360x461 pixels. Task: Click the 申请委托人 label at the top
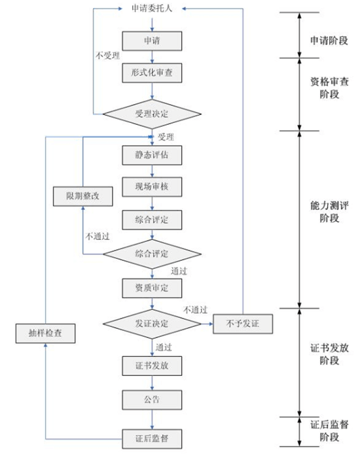pyautogui.click(x=152, y=9)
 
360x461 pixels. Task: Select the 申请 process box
pyautogui.click(x=152, y=41)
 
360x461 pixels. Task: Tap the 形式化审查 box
pyautogui.click(x=152, y=73)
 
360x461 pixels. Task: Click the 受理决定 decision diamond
pyautogui.click(x=152, y=114)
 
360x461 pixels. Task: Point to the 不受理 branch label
pyautogui.click(x=107, y=56)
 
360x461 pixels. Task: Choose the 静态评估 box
pyautogui.click(x=152, y=155)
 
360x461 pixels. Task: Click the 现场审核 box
pyautogui.click(x=152, y=187)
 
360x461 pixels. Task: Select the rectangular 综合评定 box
pyautogui.click(x=152, y=220)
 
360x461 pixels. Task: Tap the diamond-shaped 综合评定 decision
pyautogui.click(x=152, y=254)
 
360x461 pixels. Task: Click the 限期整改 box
pyautogui.click(x=82, y=196)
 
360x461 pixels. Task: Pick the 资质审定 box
pyautogui.click(x=152, y=288)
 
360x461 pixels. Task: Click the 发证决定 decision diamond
pyautogui.click(x=152, y=324)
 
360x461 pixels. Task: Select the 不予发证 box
pyautogui.click(x=243, y=324)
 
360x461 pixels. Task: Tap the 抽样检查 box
pyautogui.click(x=45, y=333)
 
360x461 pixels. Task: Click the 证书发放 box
pyautogui.click(x=152, y=366)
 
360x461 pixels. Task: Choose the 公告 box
pyautogui.click(x=152, y=400)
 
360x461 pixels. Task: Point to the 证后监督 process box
pyautogui.click(x=152, y=439)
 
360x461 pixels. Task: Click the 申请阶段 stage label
pyautogui.click(x=329, y=41)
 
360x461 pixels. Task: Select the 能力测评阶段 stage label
pyautogui.click(x=329, y=212)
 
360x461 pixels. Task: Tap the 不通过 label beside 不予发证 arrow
pyautogui.click(x=196, y=309)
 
